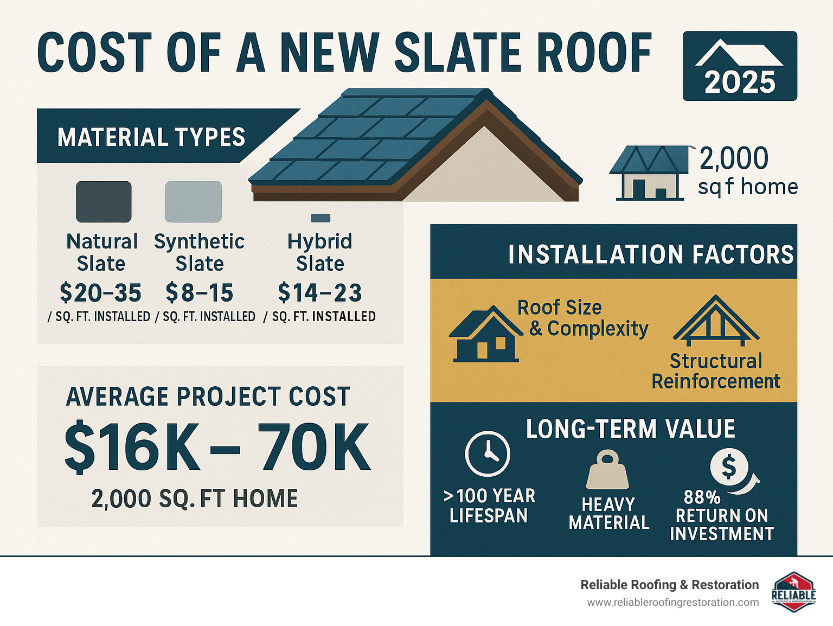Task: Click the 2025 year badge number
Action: [740, 82]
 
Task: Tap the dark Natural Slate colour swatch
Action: [104, 202]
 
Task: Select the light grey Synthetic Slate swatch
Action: [193, 202]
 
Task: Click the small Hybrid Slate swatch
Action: [321, 218]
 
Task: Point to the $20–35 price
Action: [100, 293]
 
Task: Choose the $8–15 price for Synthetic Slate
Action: [199, 293]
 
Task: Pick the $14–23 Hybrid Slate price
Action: [320, 293]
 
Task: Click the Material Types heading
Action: [151, 137]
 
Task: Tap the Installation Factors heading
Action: [650, 254]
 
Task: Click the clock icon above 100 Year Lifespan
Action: [488, 453]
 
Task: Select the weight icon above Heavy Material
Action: [607, 470]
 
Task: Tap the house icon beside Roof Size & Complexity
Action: [486, 334]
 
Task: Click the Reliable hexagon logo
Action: [793, 592]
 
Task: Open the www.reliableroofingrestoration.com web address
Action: [673, 603]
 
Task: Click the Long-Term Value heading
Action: [631, 429]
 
